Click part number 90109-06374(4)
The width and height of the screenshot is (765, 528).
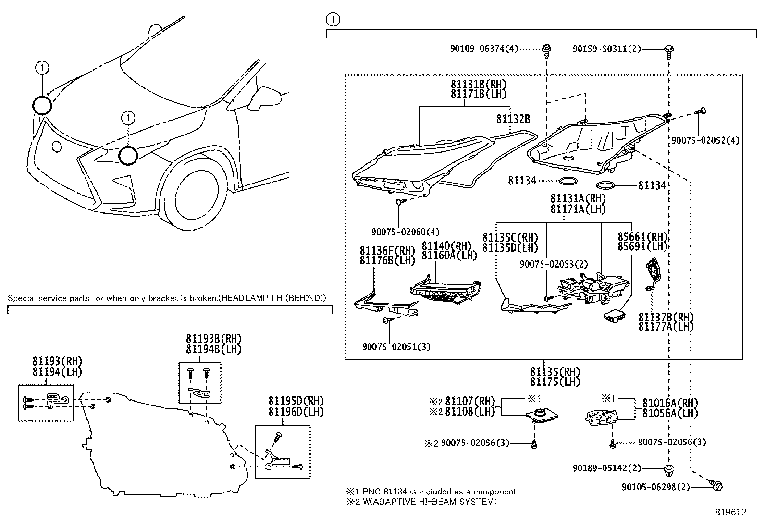[x=484, y=49]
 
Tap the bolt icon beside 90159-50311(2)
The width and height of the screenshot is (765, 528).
[x=669, y=49]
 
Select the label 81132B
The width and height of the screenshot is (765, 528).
[x=513, y=119]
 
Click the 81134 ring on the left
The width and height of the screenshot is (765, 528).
[x=568, y=182]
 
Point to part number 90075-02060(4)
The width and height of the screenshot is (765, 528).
[x=405, y=232]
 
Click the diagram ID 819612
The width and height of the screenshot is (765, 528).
[x=730, y=512]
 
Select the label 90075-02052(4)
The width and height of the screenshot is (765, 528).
[x=705, y=140]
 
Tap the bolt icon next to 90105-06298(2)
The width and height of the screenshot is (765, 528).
[x=716, y=486]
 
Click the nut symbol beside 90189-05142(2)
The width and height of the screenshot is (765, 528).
[x=668, y=468]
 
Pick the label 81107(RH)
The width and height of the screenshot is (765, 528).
[x=469, y=401]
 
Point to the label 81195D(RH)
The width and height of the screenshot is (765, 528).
[x=296, y=401]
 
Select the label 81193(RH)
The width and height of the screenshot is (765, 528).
[x=57, y=361]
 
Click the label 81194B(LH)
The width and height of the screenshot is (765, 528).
[x=213, y=349]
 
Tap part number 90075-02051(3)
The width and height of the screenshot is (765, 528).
[x=396, y=346]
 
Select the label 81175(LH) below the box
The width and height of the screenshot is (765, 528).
[x=555, y=382]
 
